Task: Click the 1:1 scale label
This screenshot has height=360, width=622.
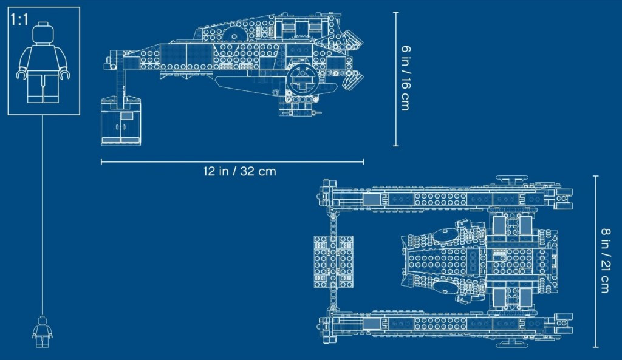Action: tap(19, 19)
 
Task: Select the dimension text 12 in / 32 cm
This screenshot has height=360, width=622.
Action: tap(239, 171)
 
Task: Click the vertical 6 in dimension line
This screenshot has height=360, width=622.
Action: tap(395, 79)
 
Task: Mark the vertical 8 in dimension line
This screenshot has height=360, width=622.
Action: tap(595, 261)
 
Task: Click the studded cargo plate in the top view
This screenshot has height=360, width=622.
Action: tap(333, 261)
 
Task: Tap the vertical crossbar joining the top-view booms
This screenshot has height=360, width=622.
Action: tap(332, 261)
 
